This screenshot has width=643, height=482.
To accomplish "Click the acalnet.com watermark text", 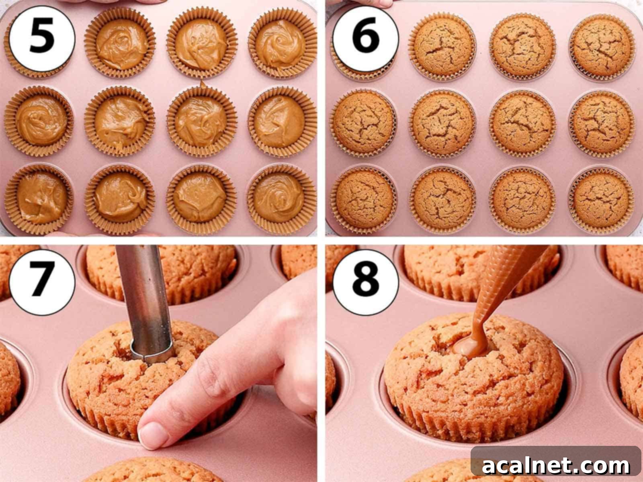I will [556, 466].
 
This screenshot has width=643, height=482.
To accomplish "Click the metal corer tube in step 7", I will [145, 297].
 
